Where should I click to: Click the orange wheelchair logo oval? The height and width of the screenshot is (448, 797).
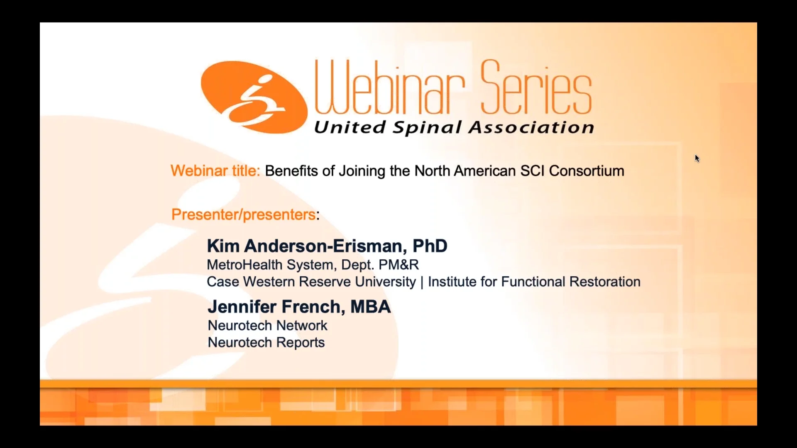[x=254, y=97]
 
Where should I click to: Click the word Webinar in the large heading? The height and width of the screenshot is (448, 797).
[x=389, y=88]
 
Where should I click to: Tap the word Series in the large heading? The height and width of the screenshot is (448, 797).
[x=536, y=88]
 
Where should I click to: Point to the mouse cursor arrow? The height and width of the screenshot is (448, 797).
[x=697, y=158]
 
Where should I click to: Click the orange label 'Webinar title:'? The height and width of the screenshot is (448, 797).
[x=215, y=171]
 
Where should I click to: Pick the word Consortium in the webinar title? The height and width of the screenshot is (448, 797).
[x=587, y=171]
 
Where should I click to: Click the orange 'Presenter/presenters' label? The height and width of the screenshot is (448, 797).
[x=244, y=214]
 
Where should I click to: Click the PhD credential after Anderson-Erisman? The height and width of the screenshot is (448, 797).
[x=430, y=246]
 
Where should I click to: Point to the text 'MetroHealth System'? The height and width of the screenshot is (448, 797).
[x=270, y=265]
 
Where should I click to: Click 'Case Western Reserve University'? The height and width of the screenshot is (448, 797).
[x=311, y=282]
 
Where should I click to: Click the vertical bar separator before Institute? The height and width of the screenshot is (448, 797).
[x=422, y=282]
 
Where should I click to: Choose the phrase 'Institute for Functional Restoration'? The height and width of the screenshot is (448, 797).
[x=534, y=282]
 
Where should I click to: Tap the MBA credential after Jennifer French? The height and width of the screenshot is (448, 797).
[x=370, y=307]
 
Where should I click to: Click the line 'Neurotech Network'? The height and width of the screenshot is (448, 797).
[x=267, y=326]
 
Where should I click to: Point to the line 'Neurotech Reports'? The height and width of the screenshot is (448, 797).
[x=266, y=343]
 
